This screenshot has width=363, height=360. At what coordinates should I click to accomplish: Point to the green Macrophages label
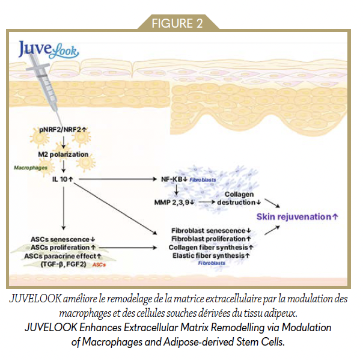pos(31,169)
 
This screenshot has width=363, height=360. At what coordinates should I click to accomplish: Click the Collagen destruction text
pos(239,199)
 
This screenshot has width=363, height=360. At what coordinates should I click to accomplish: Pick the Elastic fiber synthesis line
pos(209,255)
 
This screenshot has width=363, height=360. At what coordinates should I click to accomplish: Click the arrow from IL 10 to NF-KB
pos(120,179)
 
